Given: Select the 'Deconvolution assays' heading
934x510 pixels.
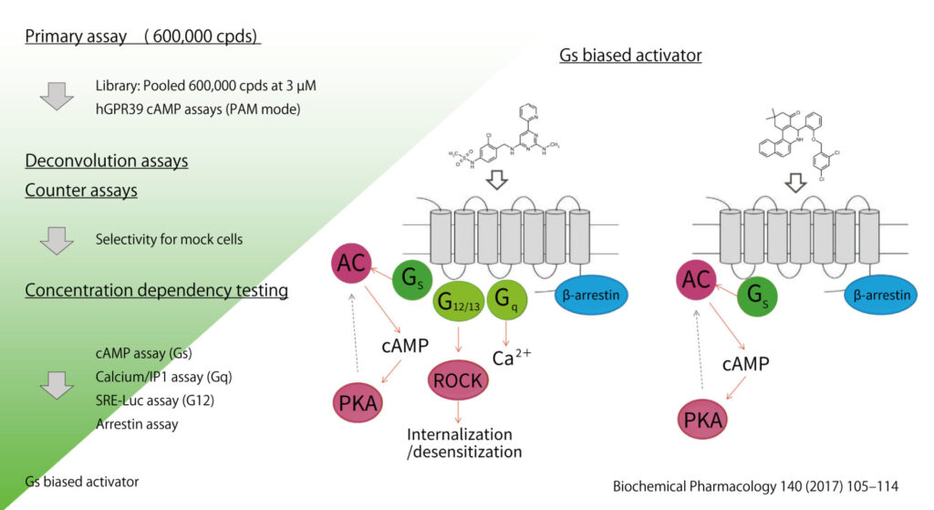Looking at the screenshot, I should click(106, 161).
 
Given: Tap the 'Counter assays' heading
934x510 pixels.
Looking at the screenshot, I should click(80, 192).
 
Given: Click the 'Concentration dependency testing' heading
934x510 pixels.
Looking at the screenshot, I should click(156, 291).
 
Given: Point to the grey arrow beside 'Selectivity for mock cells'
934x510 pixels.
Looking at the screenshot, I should click(57, 240).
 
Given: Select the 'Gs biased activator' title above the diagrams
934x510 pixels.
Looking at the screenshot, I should click(630, 56).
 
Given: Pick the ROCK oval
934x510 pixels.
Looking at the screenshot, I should click(458, 380).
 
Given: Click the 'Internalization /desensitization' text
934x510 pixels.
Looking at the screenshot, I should click(464, 442).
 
